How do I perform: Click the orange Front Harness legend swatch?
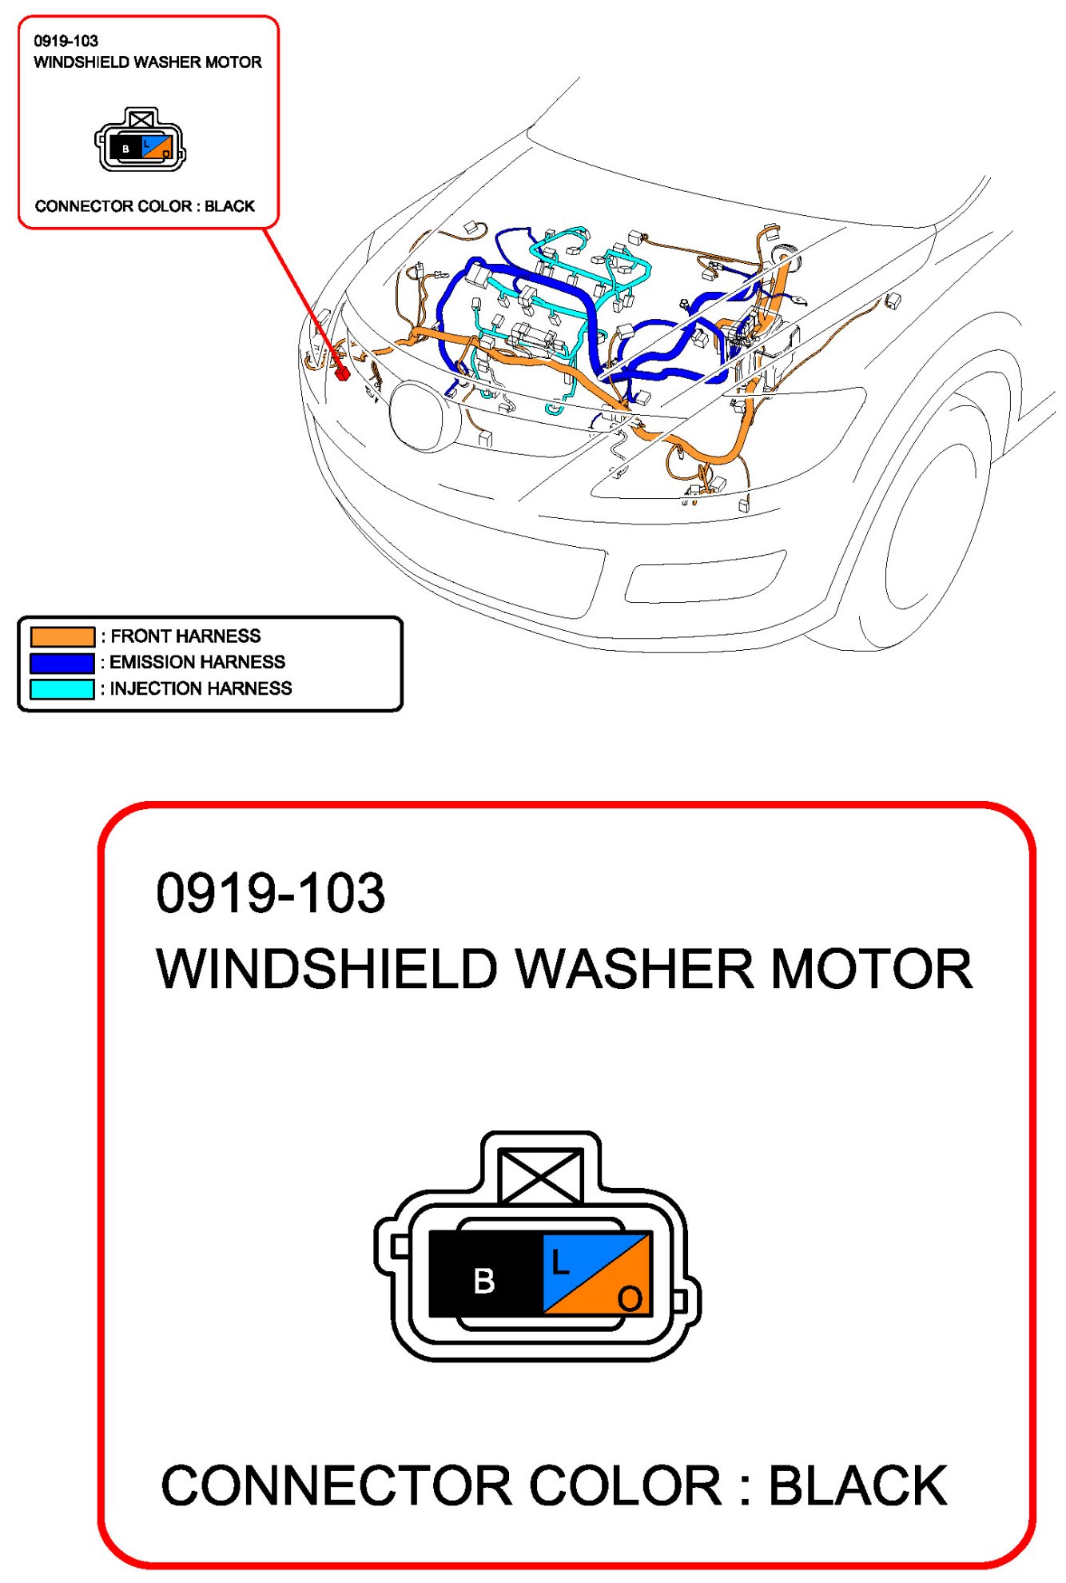click(x=62, y=636)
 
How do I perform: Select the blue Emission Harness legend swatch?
click(x=62, y=663)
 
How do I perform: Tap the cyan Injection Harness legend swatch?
click(x=62, y=689)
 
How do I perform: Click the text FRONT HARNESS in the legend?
click(x=185, y=636)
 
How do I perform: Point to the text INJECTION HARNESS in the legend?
click(x=201, y=688)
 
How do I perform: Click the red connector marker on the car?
click(x=343, y=373)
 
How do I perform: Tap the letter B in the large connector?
click(x=484, y=1281)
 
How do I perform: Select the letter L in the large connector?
click(x=560, y=1263)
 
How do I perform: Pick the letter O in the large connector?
click(x=630, y=1298)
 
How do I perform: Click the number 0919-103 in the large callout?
click(x=270, y=893)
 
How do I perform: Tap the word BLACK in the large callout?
click(x=858, y=1485)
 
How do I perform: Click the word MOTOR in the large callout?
click(x=872, y=969)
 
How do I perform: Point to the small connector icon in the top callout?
click(x=141, y=140)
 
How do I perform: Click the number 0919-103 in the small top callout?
click(x=66, y=41)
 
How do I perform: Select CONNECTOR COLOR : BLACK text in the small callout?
click(x=145, y=206)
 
